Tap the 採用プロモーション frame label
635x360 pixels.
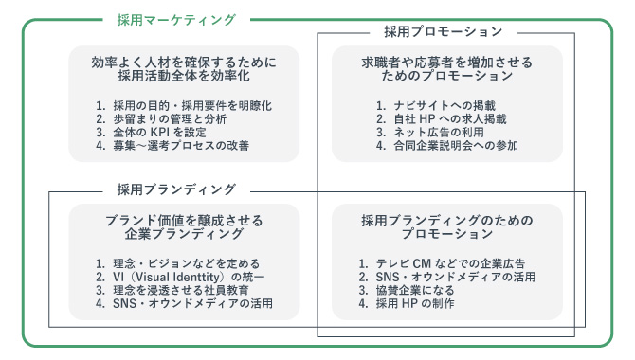(444, 31)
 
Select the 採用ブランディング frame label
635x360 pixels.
(176, 189)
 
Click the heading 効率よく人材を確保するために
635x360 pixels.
(184, 63)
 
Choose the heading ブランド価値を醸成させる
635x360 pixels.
(184, 221)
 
